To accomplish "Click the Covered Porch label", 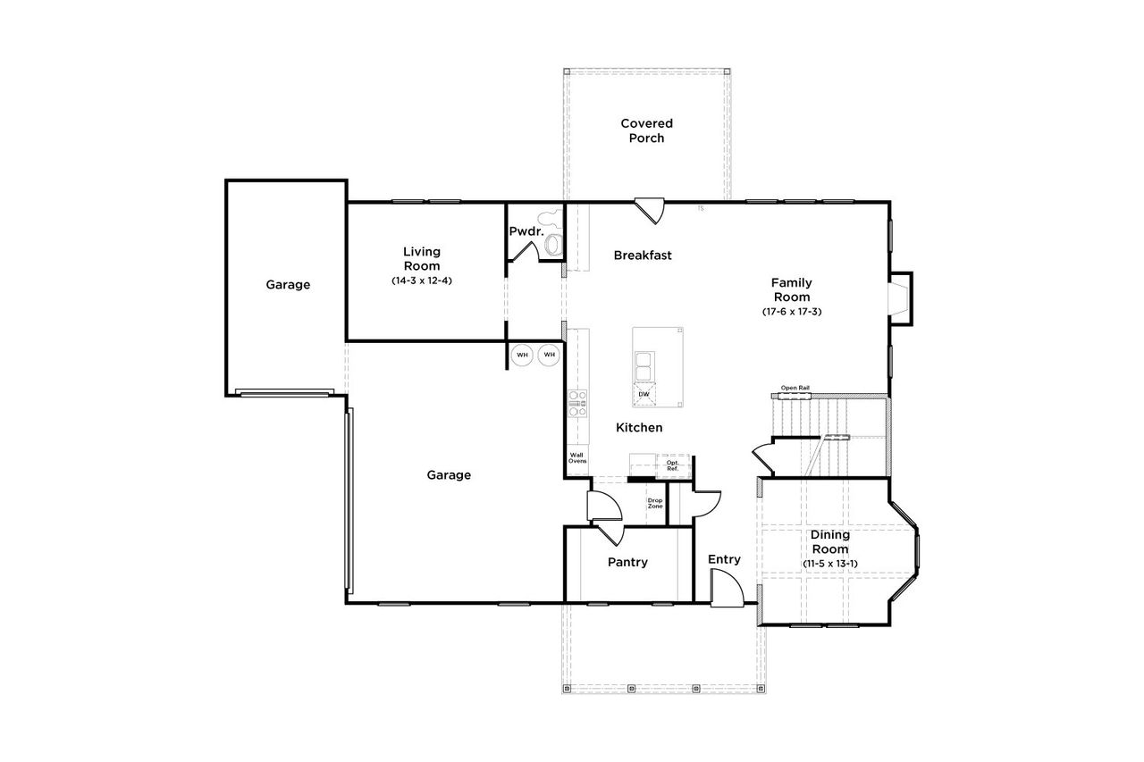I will click(x=646, y=130).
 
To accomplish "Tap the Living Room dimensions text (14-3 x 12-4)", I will click(x=421, y=281).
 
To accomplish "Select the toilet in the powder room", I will click(x=553, y=244).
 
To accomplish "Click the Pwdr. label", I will click(x=526, y=231).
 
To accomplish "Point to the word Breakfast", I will click(x=642, y=255).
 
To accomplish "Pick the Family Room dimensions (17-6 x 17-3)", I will click(x=792, y=312).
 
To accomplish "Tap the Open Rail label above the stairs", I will click(x=795, y=388).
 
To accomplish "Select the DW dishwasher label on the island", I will click(x=643, y=394).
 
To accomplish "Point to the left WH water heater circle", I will click(x=522, y=355).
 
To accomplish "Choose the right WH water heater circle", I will click(x=549, y=355).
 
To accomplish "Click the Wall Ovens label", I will click(x=577, y=458).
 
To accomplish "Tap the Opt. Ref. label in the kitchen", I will click(x=672, y=465).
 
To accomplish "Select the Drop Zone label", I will click(x=655, y=504).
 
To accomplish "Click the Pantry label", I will click(x=627, y=563).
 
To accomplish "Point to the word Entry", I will click(x=724, y=560).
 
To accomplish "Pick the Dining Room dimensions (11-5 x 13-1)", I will click(x=830, y=564).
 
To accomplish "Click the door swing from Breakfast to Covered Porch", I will click(x=650, y=211).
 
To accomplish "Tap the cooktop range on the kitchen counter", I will click(x=576, y=404).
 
